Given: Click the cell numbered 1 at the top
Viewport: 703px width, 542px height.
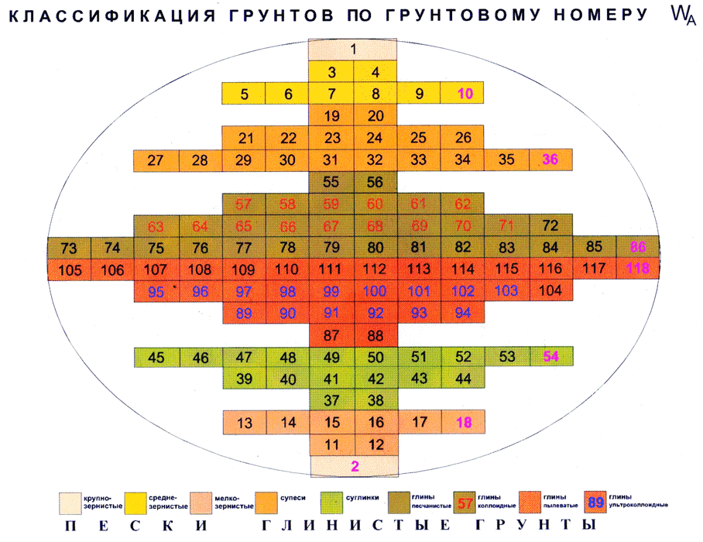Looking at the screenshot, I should (353, 50).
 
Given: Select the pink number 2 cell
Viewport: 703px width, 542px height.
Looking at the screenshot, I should (354, 465).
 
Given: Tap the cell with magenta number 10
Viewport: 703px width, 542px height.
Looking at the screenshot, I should (465, 94).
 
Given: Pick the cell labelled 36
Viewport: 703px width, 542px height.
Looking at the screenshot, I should (550, 160).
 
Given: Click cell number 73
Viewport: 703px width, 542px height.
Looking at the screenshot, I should (69, 249).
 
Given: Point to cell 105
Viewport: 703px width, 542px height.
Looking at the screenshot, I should (69, 269).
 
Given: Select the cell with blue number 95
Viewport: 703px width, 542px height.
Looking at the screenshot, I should (156, 291).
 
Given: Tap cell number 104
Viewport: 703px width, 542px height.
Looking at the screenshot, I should (550, 291).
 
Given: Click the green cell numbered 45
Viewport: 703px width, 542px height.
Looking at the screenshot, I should (156, 357).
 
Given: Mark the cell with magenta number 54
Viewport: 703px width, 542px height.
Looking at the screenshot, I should (550, 357).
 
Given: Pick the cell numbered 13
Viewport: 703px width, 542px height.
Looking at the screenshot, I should (244, 423).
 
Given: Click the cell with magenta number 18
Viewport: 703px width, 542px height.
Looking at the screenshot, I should (465, 423).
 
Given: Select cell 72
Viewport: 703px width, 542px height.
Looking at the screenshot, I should (550, 226).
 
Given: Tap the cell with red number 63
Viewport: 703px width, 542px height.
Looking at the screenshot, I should (156, 227).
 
